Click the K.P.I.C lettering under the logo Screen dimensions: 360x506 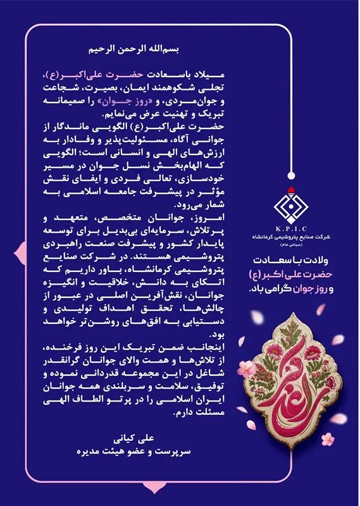pyautogui.click(x=290, y=227)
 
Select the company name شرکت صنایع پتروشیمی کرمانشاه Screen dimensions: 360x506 pyautogui.click(x=290, y=236)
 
